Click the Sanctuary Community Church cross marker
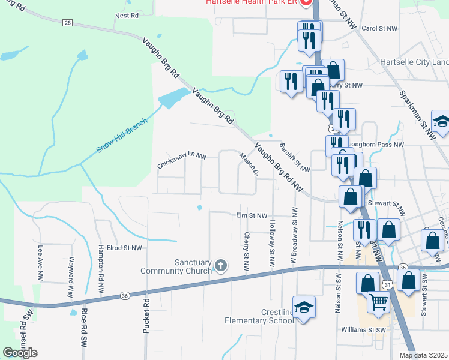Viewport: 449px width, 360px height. point(221,265)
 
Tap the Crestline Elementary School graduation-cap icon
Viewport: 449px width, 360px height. point(304,307)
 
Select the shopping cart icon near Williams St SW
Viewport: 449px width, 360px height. point(378,303)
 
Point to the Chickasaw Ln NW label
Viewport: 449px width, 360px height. point(182,160)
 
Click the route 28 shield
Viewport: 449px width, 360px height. point(67,23)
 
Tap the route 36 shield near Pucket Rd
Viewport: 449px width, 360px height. point(124,295)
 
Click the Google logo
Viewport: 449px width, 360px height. point(20,353)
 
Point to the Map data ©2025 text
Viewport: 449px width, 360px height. point(424,355)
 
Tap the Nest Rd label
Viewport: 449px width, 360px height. point(126,14)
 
